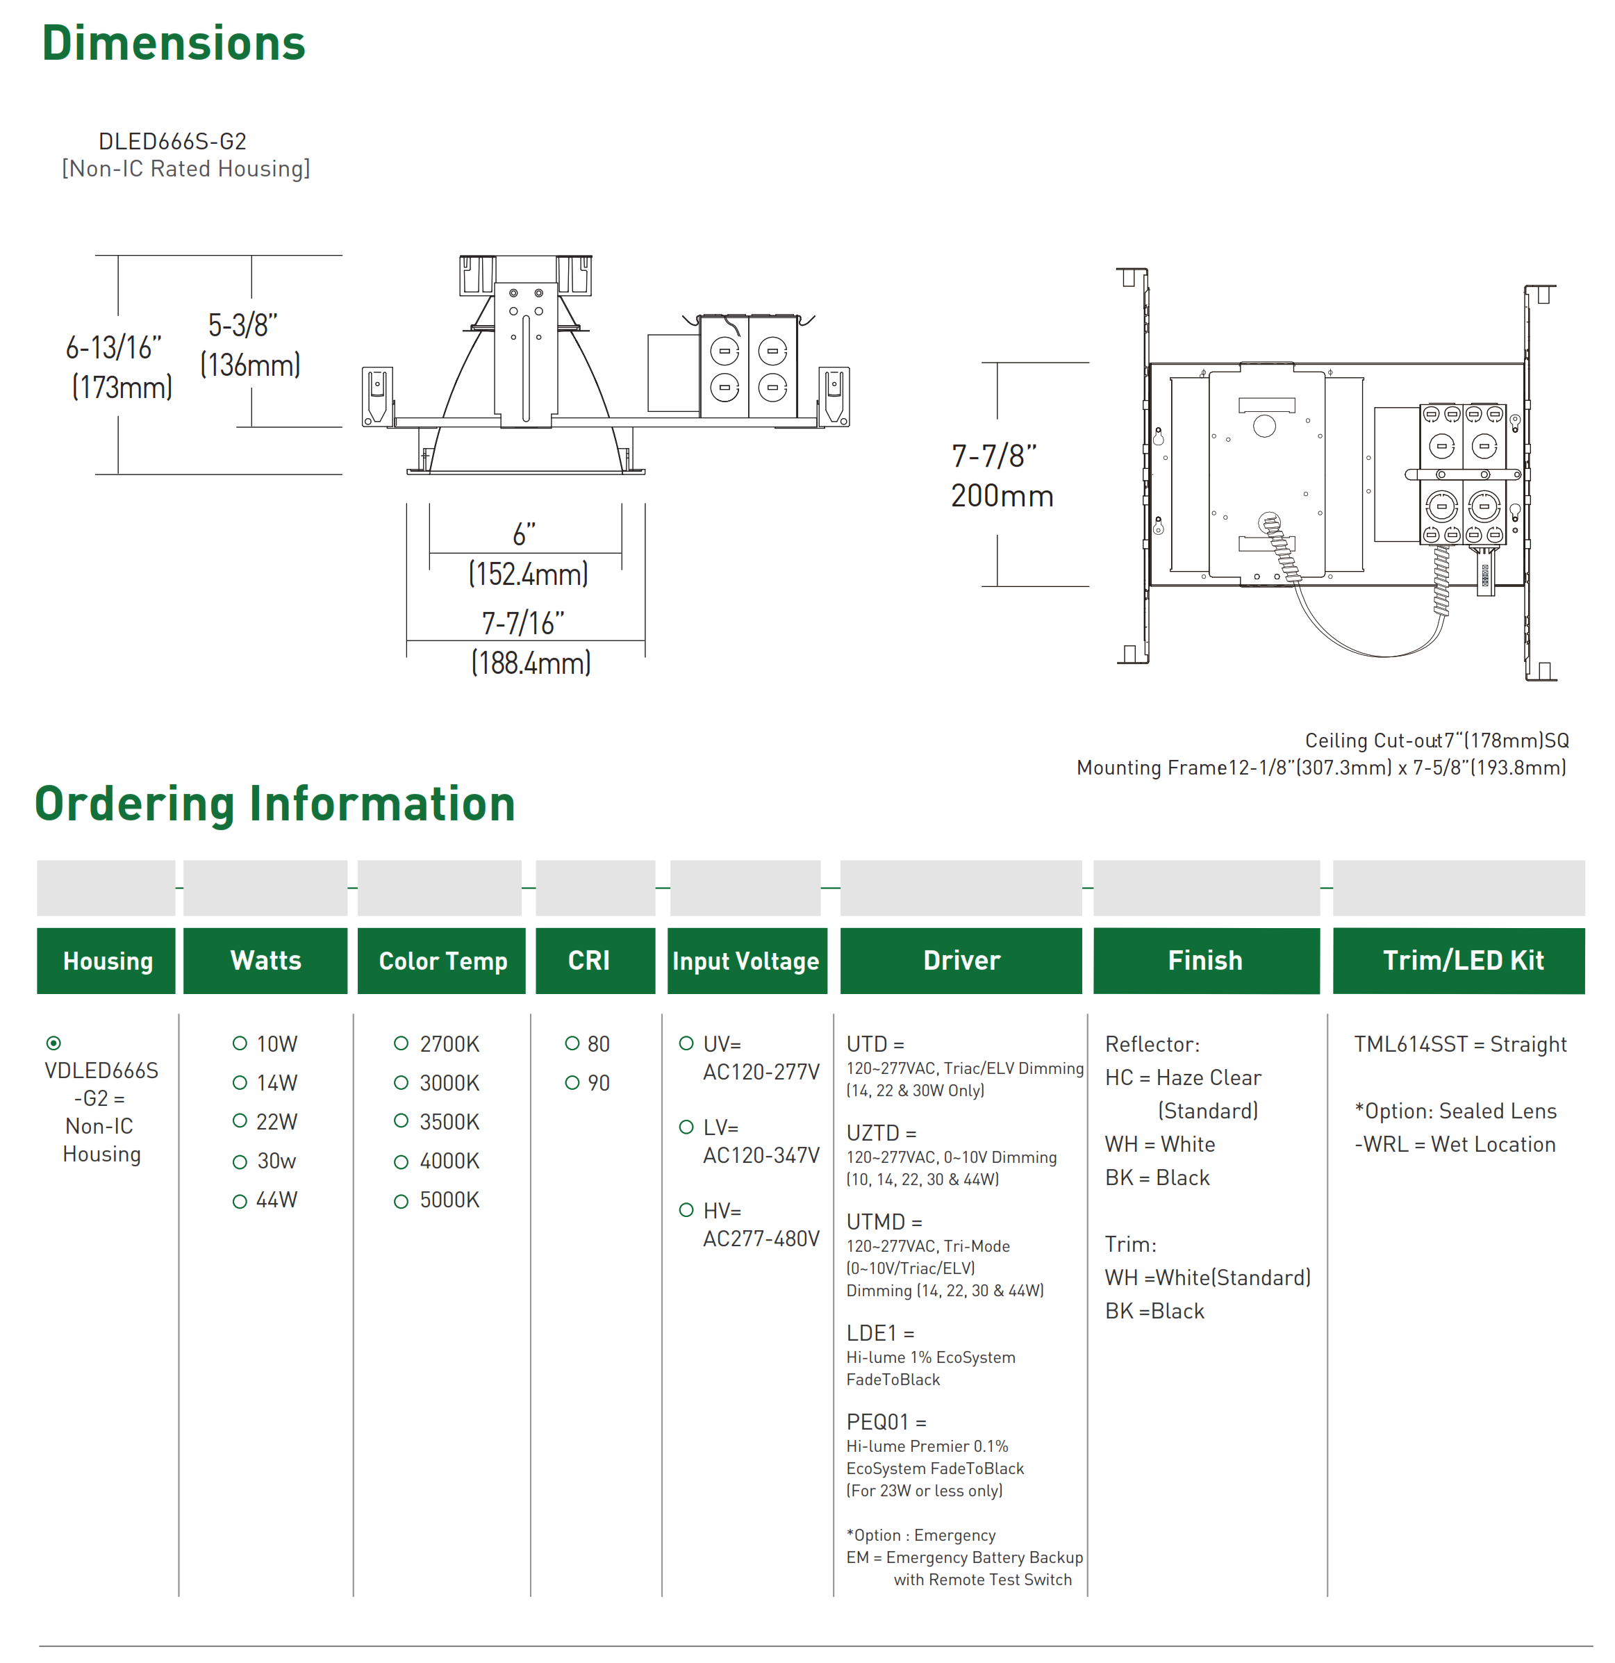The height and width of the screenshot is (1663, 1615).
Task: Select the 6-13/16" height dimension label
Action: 114,348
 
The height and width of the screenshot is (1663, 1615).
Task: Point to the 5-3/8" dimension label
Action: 242,325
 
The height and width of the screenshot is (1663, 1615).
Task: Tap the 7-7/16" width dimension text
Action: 522,624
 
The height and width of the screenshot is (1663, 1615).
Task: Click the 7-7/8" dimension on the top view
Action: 993,456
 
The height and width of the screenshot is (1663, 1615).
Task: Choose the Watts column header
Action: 265,961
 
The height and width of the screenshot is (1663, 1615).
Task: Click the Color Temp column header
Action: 442,961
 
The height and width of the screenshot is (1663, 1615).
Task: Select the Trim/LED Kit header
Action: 1462,961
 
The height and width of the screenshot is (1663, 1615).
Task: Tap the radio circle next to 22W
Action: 240,1121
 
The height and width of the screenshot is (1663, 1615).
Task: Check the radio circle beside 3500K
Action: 401,1121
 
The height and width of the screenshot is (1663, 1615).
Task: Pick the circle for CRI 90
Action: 572,1083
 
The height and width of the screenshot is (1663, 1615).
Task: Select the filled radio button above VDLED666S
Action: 54,1043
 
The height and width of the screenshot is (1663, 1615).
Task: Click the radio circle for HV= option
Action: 686,1210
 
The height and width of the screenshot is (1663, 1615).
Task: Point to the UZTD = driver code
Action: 881,1133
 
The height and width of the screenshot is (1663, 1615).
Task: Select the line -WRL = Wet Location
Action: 1455,1145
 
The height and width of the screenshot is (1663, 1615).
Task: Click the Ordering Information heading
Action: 275,804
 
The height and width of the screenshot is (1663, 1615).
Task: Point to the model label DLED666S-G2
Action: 172,141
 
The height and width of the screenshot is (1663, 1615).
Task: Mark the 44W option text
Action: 276,1200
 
